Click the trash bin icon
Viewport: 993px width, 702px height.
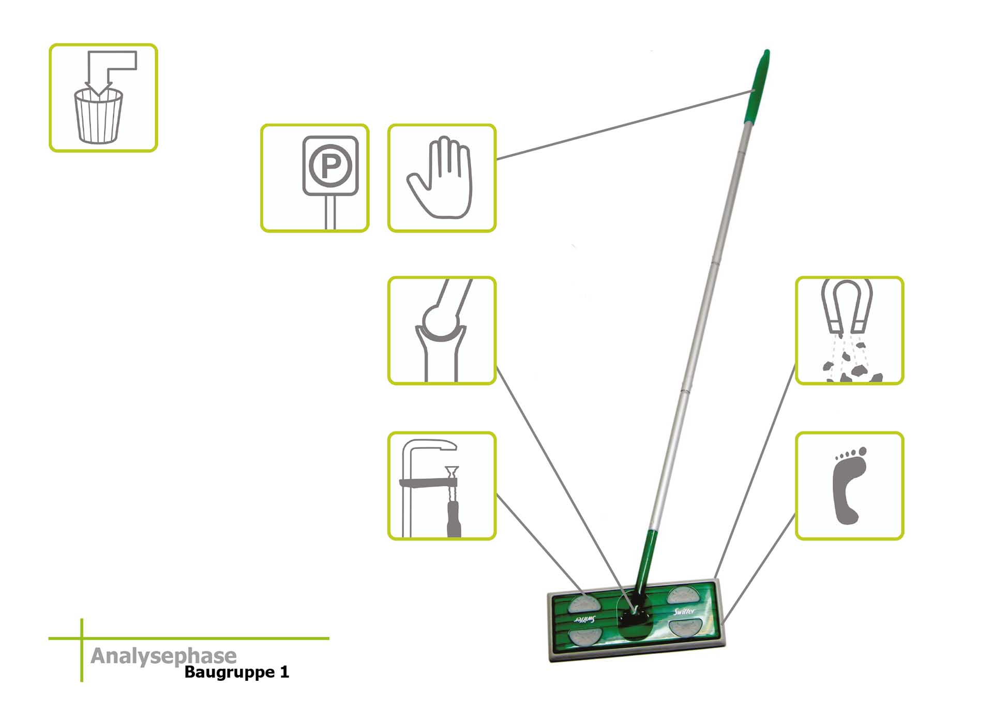[x=99, y=116]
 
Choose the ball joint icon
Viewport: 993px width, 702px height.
[x=441, y=330]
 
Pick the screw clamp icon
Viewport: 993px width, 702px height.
[x=441, y=486]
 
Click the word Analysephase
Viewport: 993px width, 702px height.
[x=163, y=656]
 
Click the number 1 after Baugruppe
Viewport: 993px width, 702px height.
[x=284, y=672]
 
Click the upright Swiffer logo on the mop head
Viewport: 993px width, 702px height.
[x=684, y=611]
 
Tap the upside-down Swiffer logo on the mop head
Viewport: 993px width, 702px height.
[x=584, y=619]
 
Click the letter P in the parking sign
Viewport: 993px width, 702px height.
[x=330, y=166]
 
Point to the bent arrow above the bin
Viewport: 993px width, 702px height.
[x=111, y=67]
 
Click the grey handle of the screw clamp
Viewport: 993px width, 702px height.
[x=454, y=522]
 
